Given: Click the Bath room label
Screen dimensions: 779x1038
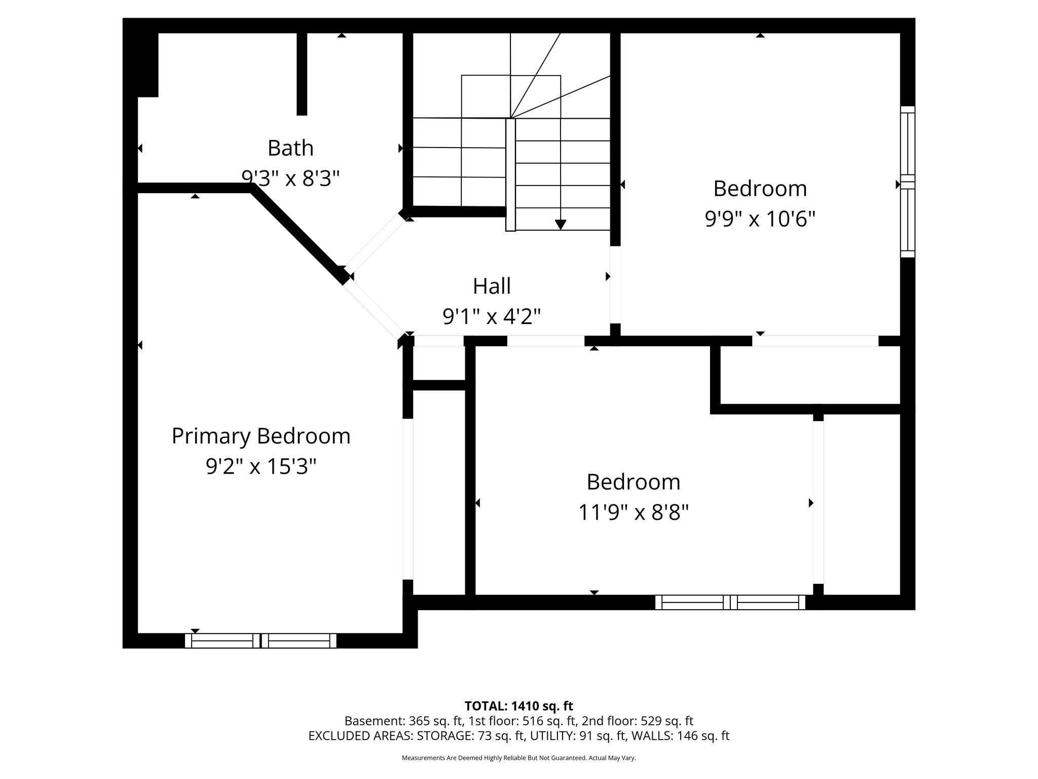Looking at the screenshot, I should point(290,148).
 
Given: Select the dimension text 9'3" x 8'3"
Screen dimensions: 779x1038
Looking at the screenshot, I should point(290,179).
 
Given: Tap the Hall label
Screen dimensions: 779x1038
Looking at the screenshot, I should point(492,286).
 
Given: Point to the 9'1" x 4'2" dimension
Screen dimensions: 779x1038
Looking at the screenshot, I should point(492,317).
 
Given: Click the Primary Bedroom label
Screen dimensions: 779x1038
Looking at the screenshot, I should point(261,436).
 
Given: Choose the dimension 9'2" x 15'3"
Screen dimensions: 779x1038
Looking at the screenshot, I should point(261,467).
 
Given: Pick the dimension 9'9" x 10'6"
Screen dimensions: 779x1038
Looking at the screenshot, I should point(760,219).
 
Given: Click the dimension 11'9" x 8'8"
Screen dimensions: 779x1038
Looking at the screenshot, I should point(633,513).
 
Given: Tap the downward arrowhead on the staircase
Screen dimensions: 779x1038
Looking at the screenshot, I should point(560,224).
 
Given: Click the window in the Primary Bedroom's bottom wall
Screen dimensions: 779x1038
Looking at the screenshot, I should point(261,641).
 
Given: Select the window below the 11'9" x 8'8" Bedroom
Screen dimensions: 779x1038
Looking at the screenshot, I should point(730,602).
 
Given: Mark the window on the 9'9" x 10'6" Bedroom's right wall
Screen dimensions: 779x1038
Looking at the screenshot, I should point(907,182).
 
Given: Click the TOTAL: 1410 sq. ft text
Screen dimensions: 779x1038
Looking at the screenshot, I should point(518,706).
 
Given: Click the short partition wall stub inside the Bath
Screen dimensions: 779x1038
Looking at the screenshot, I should point(302,74).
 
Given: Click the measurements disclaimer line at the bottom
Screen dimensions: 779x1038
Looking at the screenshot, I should point(518,758).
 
